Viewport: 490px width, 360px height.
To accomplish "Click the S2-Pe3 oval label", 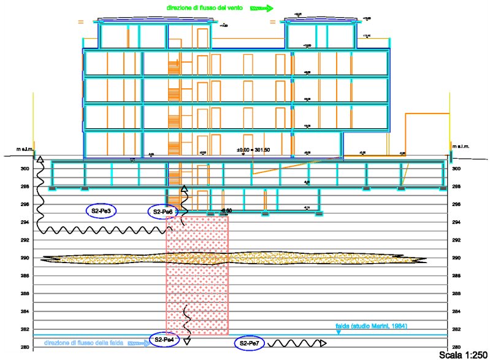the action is pyautogui.click(x=101, y=210).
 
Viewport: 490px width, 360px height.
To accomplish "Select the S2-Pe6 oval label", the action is pyautogui.click(x=164, y=212).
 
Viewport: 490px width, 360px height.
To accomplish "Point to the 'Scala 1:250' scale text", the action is pyautogui.click(x=464, y=354).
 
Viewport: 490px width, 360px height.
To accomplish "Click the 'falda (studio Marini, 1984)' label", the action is pyautogui.click(x=371, y=326).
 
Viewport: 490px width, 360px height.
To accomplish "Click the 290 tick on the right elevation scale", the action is pyautogui.click(x=456, y=258).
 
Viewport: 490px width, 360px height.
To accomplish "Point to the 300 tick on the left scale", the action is pyautogui.click(x=26, y=169).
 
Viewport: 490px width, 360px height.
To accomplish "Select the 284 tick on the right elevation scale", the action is pyautogui.click(x=456, y=312).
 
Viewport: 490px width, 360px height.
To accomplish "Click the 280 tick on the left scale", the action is pyautogui.click(x=26, y=348).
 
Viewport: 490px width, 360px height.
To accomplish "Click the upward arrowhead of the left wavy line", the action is pyautogui.click(x=40, y=160).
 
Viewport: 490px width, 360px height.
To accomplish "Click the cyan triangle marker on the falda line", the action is pyautogui.click(x=339, y=332).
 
